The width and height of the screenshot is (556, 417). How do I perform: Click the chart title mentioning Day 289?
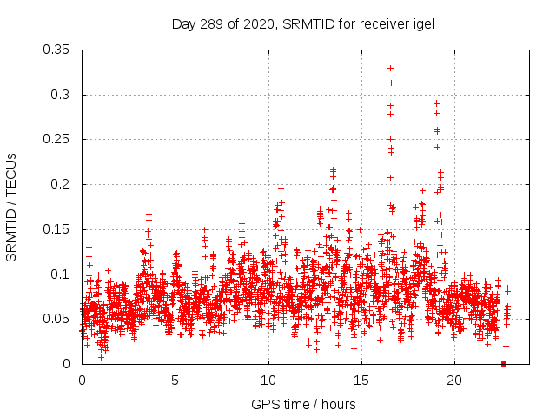pos(302,23)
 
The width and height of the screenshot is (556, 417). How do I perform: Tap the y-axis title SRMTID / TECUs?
pos(12,207)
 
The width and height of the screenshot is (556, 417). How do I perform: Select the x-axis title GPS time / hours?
pos(302,404)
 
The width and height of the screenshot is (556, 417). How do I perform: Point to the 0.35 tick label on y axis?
pos(56,50)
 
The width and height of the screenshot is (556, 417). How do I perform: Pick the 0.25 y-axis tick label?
pos(56,139)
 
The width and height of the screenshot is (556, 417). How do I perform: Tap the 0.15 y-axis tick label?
pos(56,229)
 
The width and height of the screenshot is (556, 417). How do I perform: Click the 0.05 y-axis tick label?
pos(56,319)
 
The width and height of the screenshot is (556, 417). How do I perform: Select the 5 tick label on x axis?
pos(175,381)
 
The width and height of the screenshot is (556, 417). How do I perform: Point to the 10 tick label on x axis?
pos(268,381)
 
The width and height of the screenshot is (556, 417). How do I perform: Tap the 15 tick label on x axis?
pos(361,381)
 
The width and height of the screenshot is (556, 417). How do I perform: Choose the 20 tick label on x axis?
pos(453,381)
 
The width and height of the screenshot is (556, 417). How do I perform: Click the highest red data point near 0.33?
pos(390,68)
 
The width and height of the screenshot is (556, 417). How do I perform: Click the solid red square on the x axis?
pos(504,364)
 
